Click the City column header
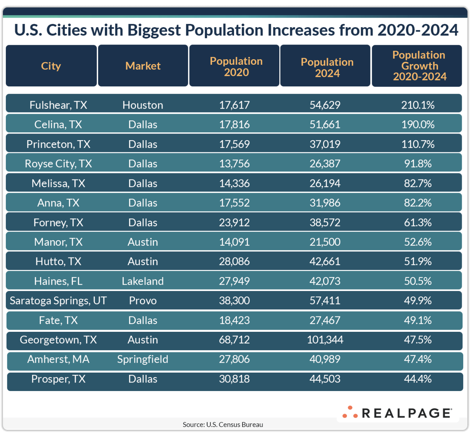pyautogui.click(x=51, y=66)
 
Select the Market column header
pyautogui.click(x=143, y=66)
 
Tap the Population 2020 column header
pyautogui.click(x=236, y=67)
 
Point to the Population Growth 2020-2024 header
pyautogui.click(x=419, y=66)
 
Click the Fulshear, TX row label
pyautogui.click(x=58, y=105)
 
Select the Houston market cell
pyautogui.click(x=143, y=105)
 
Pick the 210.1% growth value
pyautogui.click(x=418, y=105)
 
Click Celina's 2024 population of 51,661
pyautogui.click(x=325, y=125)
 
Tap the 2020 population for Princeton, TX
pyautogui.click(x=234, y=144)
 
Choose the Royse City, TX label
pyautogui.click(x=58, y=164)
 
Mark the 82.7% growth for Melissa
pyautogui.click(x=418, y=183)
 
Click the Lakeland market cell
pyautogui.click(x=143, y=281)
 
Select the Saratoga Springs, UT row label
pyautogui.click(x=58, y=301)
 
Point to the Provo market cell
pyautogui.click(x=143, y=301)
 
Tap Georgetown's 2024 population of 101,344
pyautogui.click(x=325, y=340)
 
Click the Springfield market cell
pyautogui.click(x=143, y=359)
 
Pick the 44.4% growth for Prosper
pyautogui.click(x=418, y=379)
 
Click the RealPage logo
pyautogui.click(x=397, y=413)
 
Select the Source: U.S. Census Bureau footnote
pyautogui.click(x=223, y=424)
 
